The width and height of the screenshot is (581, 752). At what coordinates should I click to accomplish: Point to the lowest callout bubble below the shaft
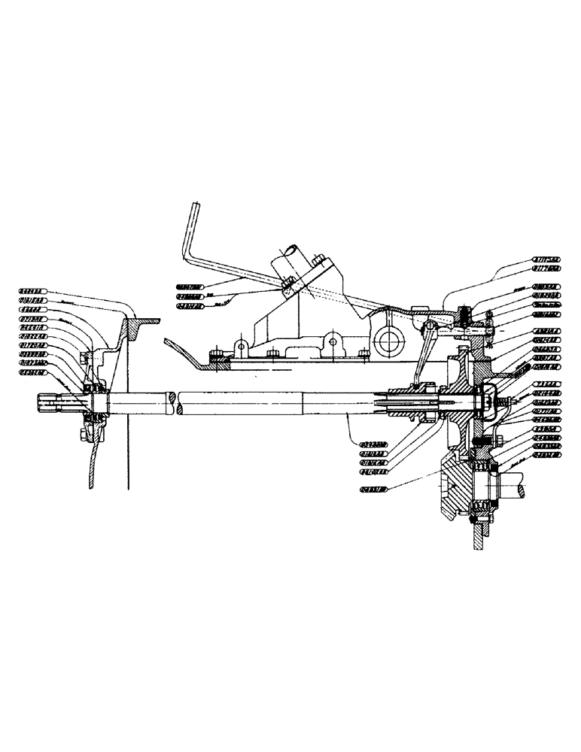(372, 490)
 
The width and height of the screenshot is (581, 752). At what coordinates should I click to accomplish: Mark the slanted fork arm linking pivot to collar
(422, 353)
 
